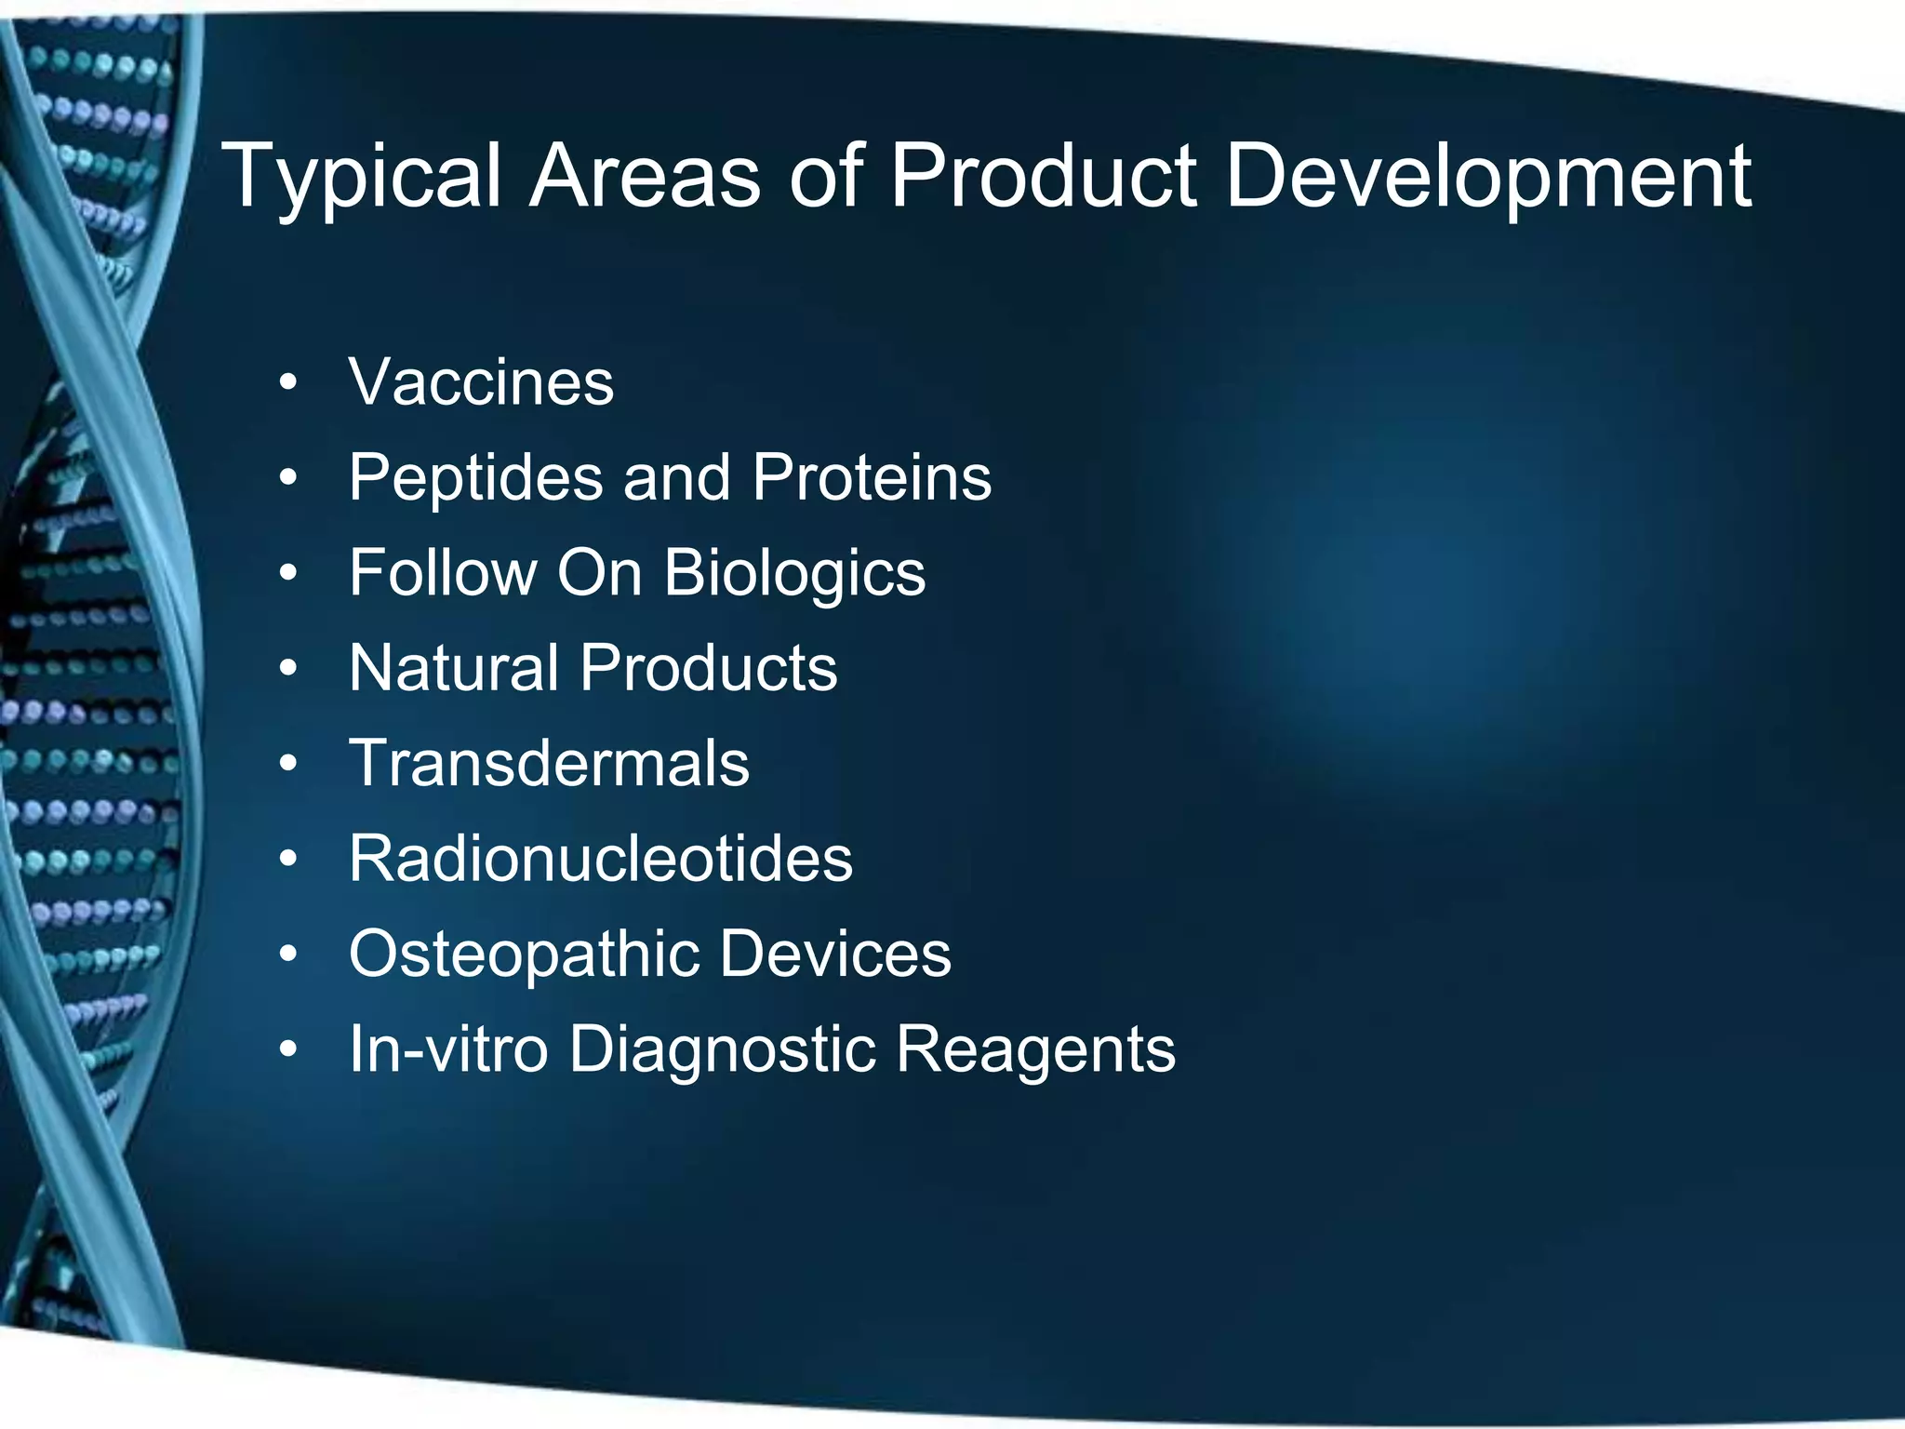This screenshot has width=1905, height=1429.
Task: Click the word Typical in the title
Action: tap(363, 179)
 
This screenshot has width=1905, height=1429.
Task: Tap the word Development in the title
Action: tap(1488, 179)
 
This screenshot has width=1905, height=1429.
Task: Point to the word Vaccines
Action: tap(481, 382)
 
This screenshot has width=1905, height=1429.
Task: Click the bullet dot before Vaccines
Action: tap(288, 382)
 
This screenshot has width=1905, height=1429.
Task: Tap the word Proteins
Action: tap(872, 477)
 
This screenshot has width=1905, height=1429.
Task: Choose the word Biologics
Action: tap(794, 574)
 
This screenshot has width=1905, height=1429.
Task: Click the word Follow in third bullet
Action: tap(443, 572)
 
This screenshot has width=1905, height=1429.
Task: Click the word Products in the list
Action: tap(709, 668)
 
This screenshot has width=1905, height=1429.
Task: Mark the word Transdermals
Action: tap(549, 763)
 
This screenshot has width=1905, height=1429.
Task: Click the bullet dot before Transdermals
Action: tap(288, 764)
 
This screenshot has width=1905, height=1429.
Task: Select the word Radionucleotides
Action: tap(600, 859)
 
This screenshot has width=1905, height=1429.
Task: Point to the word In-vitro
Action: tap(448, 1049)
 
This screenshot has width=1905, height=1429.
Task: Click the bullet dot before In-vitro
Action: tap(288, 1049)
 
